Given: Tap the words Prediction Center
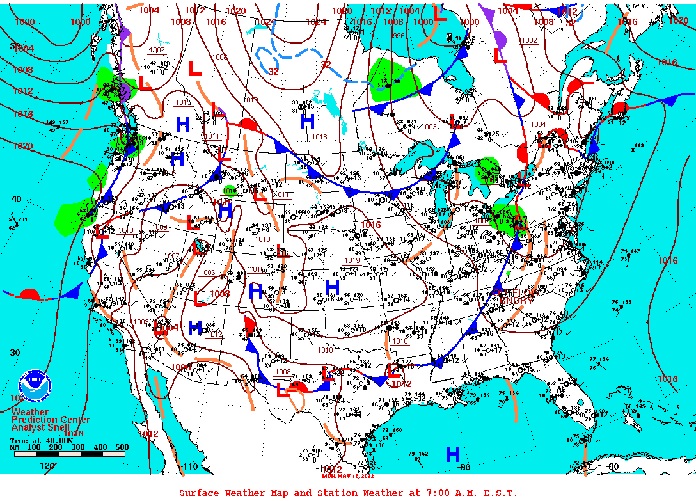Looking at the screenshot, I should click(51, 420).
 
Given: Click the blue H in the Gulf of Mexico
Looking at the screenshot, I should click(452, 454).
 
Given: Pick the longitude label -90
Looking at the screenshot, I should click(464, 467).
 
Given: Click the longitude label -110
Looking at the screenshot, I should click(191, 467).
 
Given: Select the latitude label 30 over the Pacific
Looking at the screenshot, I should click(14, 353).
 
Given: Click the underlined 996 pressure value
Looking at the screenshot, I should click(399, 36).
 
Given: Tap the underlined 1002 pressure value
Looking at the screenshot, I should click(530, 40).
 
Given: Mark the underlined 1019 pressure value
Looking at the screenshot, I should click(352, 260).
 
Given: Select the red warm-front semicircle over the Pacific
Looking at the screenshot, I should click(29, 294).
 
